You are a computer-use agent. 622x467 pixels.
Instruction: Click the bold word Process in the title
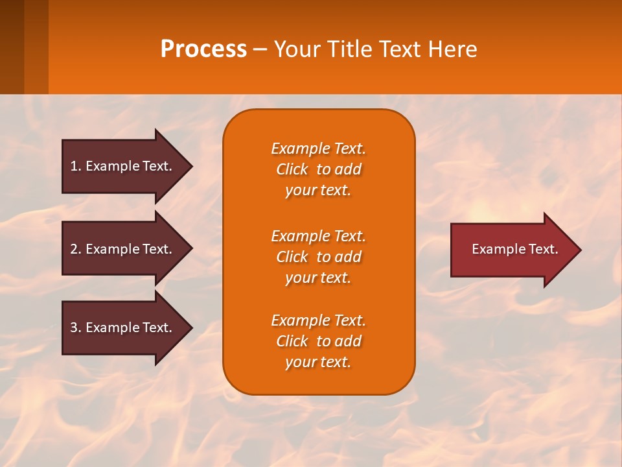point(203,49)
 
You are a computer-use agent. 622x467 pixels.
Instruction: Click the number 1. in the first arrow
point(75,166)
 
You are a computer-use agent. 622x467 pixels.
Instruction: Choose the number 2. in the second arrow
point(75,249)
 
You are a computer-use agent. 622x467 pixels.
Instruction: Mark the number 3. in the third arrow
point(75,328)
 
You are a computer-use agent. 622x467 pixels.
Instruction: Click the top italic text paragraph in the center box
point(318,169)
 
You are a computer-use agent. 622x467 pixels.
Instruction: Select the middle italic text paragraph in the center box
point(318,257)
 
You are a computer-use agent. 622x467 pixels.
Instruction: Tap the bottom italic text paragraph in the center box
point(318,341)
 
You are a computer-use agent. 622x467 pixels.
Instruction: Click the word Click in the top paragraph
point(292,169)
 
